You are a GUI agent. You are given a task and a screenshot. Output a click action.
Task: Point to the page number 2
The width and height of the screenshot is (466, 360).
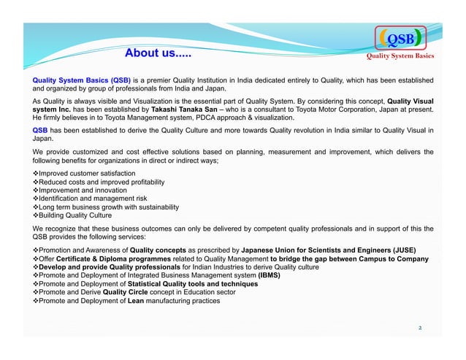pyautogui.click(x=419, y=327)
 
